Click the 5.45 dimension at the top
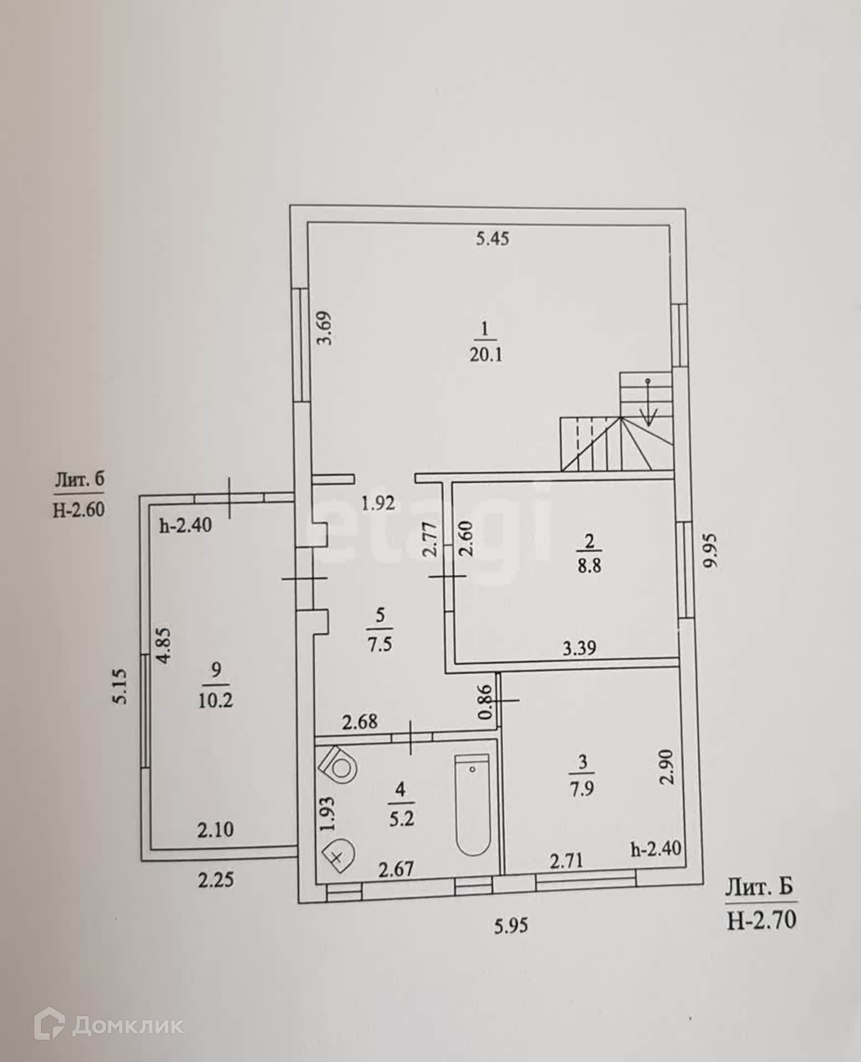pos(492,239)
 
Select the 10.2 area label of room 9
pos(216,701)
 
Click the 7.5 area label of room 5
pos(380,645)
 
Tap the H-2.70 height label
pos(761,920)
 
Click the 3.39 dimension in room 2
pos(579,647)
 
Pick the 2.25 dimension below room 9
pos(216,879)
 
